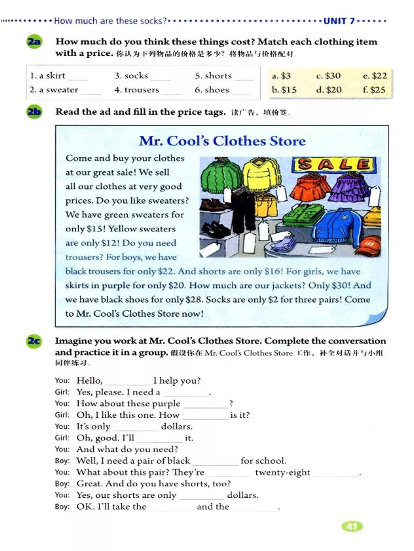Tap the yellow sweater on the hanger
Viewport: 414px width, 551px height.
coord(261,174)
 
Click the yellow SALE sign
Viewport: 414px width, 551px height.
coord(334,164)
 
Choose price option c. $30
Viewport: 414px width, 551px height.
coord(328,76)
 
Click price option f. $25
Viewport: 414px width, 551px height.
coord(374,90)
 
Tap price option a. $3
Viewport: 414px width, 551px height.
coord(281,76)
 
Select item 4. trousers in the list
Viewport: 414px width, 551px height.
coord(137,90)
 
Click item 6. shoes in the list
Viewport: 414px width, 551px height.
coord(212,90)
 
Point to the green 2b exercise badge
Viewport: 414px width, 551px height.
coord(34,112)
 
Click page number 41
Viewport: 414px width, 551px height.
coord(352,526)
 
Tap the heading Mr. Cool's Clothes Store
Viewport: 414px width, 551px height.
coord(222,141)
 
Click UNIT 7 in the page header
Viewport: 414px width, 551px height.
coord(339,21)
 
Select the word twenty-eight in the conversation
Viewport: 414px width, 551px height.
coord(283,472)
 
